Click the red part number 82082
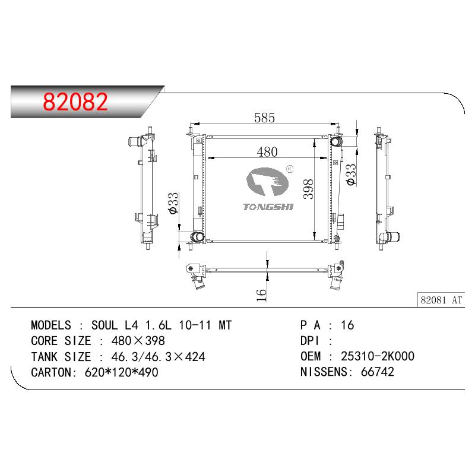click(x=75, y=102)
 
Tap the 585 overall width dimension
click(x=264, y=118)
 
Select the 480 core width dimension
click(x=267, y=152)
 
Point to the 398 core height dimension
click(x=308, y=189)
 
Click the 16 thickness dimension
click(x=261, y=295)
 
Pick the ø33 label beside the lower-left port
click(x=173, y=203)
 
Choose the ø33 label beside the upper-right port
click(x=351, y=175)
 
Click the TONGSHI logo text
click(x=268, y=207)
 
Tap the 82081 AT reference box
click(x=441, y=300)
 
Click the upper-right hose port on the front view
click(x=335, y=141)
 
